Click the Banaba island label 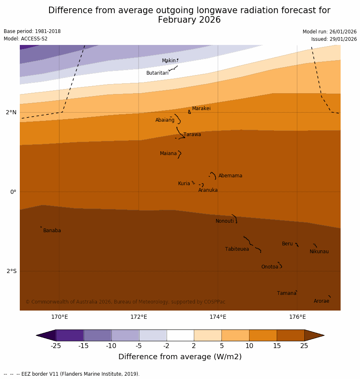click(52, 231)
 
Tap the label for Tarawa click(192, 134)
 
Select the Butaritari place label click(157, 73)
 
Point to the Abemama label click(230, 176)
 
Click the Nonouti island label click(224, 221)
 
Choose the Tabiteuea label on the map click(237, 249)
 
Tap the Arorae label click(321, 301)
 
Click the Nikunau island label click(319, 252)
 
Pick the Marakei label click(201, 108)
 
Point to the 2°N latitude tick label click(11, 112)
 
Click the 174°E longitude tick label click(218, 317)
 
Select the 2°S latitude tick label click(12, 271)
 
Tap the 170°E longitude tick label click(59, 317)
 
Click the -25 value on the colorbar click(56, 346)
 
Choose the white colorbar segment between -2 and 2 click(180, 335)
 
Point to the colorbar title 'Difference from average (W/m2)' click(180, 357)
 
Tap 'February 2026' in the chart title click(189, 20)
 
